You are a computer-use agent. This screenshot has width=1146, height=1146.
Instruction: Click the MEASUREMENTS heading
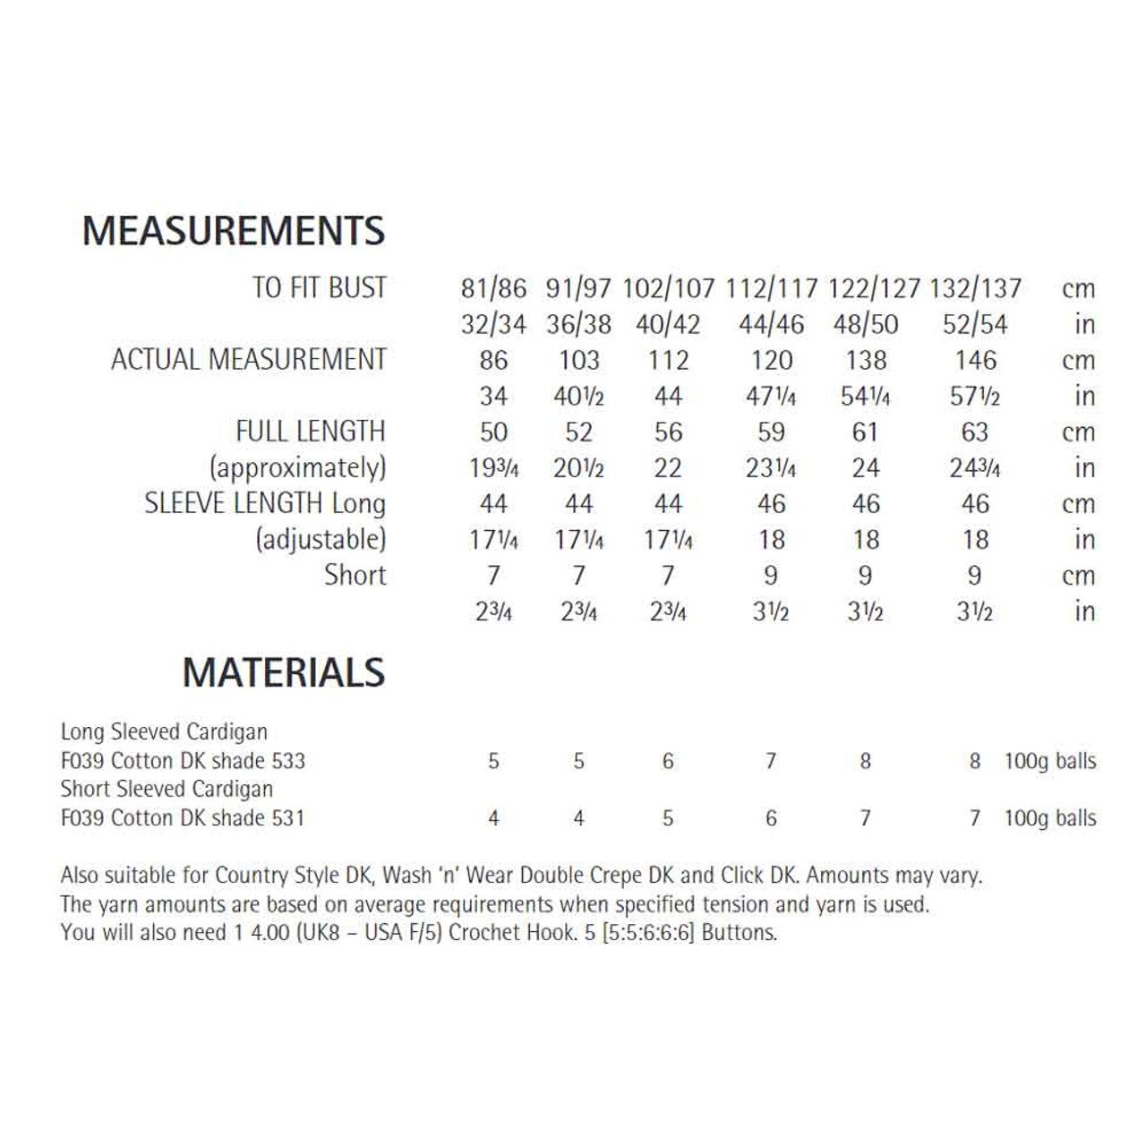(234, 231)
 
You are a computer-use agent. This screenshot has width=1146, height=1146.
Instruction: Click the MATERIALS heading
(284, 673)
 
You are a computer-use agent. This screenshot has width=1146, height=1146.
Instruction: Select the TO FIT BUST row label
(319, 288)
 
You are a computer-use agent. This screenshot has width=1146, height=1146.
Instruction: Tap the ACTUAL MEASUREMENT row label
(249, 360)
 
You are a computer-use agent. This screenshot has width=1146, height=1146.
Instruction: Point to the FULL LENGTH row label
(311, 432)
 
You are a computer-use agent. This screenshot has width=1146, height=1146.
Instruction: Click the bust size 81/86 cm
(493, 288)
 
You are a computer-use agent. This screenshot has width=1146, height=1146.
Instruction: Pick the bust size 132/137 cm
(975, 288)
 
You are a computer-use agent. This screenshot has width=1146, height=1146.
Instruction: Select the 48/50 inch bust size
(865, 324)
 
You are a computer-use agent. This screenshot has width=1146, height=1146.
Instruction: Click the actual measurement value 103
(578, 360)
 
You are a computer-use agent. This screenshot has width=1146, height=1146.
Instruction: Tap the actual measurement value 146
(975, 360)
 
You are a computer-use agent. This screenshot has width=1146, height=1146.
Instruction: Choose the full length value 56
(668, 432)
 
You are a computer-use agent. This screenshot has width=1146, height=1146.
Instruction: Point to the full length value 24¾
(975, 467)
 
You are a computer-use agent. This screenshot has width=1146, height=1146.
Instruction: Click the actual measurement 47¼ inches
(771, 396)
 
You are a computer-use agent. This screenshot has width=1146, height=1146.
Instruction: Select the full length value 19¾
(493, 467)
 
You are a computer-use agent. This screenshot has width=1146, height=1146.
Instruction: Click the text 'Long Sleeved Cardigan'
(164, 731)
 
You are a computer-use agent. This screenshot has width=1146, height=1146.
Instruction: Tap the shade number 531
(288, 817)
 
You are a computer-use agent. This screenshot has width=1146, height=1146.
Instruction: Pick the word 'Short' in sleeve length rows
(355, 575)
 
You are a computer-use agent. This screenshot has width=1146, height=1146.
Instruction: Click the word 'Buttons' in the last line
(740, 932)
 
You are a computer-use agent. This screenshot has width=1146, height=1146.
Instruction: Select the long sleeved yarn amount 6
(668, 761)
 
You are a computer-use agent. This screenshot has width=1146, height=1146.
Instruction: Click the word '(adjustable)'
(321, 539)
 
